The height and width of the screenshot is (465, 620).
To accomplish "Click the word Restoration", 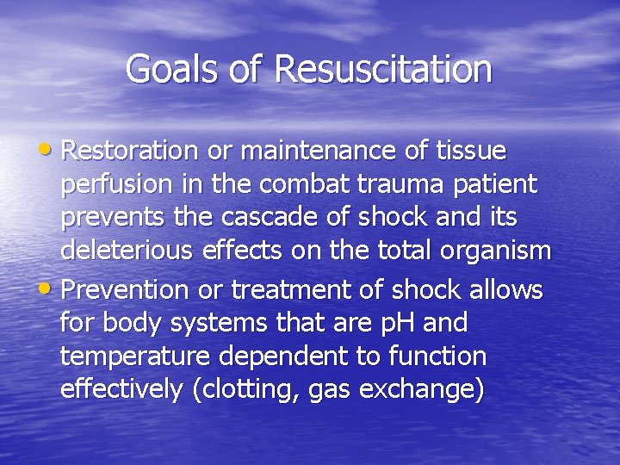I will click(x=130, y=152).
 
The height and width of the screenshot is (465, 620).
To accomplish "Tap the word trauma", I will click(x=409, y=184).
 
